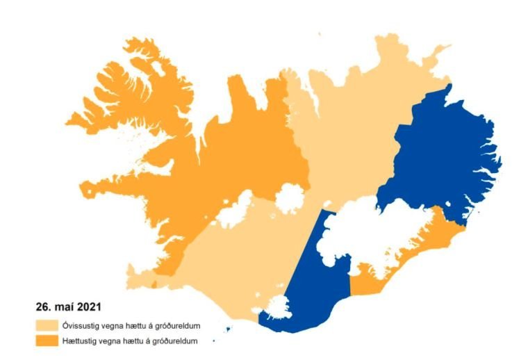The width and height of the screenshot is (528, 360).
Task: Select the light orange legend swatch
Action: (48, 325)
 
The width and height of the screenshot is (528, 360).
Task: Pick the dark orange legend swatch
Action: (48, 341)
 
